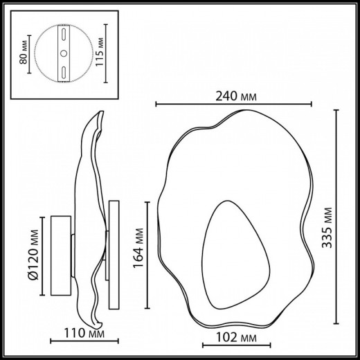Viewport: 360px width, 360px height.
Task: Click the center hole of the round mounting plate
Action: coord(63,53)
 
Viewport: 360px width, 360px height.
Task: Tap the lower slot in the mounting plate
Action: coord(63,71)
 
